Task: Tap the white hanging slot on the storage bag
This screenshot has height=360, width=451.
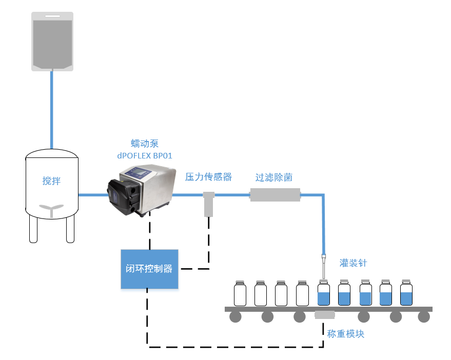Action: (x=52, y=17)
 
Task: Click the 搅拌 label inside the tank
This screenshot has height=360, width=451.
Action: (x=51, y=181)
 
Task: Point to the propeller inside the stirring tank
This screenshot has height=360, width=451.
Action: (x=51, y=207)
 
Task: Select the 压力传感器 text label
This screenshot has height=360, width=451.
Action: (x=208, y=177)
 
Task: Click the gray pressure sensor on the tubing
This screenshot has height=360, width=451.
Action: (x=208, y=204)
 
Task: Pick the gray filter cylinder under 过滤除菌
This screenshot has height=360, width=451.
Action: (x=274, y=195)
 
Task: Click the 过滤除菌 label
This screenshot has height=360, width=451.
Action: (x=274, y=177)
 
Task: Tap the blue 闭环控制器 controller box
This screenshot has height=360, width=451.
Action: (x=149, y=269)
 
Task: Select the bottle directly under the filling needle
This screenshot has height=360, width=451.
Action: (x=323, y=294)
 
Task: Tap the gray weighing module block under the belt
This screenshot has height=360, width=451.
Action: (x=324, y=315)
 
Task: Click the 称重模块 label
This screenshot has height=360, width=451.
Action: (x=346, y=333)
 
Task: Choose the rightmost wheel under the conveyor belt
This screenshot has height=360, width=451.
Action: (x=423, y=317)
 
